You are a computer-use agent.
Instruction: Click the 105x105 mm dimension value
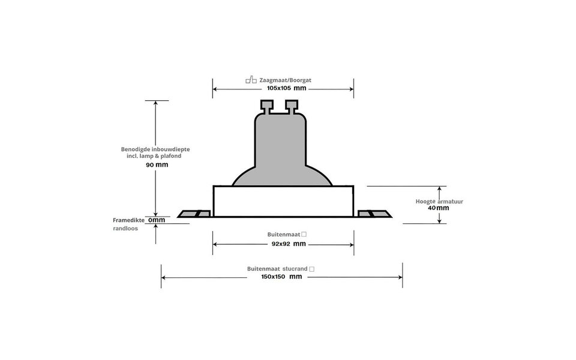pyautogui.click(x=287, y=88)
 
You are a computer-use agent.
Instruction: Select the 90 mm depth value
pyautogui.click(x=157, y=164)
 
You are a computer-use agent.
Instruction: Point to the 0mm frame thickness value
pyautogui.click(x=157, y=220)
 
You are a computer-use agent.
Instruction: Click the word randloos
pyautogui.click(x=125, y=228)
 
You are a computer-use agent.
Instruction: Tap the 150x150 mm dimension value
pyautogui.click(x=281, y=277)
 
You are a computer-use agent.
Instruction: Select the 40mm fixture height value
pyautogui.click(x=439, y=208)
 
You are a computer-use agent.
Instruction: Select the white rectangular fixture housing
pyautogui.click(x=283, y=201)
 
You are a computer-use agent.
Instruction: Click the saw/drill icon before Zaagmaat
pyautogui.click(x=251, y=79)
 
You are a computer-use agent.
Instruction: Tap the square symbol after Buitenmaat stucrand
pyautogui.click(x=311, y=269)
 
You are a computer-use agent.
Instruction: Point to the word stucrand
pyautogui.click(x=294, y=269)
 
